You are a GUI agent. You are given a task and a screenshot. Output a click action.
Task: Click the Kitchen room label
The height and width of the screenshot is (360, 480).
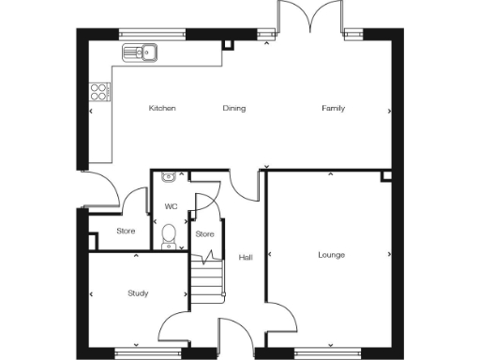pos(162,109)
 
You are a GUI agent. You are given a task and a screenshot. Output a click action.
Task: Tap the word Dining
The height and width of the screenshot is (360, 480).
pos(233,109)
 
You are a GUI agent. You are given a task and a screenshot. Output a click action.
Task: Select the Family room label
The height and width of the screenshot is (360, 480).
pos(333,109)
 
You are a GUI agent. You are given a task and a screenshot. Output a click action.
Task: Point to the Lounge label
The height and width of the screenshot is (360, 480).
pos(331,255)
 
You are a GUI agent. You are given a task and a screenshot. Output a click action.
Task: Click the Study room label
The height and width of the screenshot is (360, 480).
pos(138,293)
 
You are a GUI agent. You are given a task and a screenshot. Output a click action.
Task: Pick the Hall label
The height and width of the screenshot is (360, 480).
pos(246,258)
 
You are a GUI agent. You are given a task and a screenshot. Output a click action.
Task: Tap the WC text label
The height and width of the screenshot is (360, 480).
pos(171,206)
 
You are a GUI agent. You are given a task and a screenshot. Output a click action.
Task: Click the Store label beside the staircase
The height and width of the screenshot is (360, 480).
pos(204,233)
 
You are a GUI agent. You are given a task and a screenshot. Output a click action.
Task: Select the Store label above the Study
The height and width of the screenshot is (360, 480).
pos(126,231)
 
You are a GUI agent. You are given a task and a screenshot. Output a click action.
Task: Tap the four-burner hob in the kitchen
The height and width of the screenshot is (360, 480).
pos(98,91)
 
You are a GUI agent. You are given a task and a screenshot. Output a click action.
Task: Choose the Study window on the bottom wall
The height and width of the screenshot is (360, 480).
pos(138,352)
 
